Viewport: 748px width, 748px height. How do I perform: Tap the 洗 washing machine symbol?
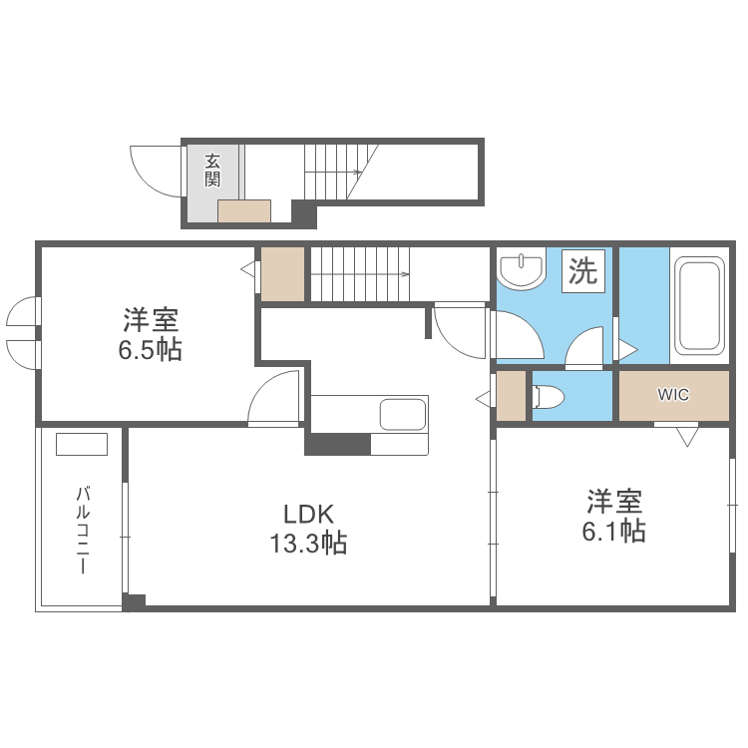tap(582, 270)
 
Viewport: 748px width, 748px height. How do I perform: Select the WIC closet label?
tap(673, 394)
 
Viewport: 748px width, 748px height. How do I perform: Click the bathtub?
tap(698, 306)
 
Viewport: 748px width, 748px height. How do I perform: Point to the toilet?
tap(548, 397)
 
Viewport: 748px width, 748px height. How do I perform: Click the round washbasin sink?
tap(521, 268)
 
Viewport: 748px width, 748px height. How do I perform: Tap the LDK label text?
tap(307, 515)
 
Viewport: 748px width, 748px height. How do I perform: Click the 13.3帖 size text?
tap(307, 544)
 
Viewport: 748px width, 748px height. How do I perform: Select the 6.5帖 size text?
tap(151, 351)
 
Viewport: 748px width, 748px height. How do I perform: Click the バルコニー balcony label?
tap(83, 530)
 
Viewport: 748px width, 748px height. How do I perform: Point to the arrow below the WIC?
tap(686, 436)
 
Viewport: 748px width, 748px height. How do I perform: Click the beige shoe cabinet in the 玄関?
tap(244, 210)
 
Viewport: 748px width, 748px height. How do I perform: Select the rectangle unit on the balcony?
tap(82, 444)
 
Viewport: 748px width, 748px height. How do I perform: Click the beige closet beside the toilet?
tap(512, 395)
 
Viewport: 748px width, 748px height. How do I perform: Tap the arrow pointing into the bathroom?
tap(628, 349)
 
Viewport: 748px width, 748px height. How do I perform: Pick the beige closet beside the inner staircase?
tap(283, 272)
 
